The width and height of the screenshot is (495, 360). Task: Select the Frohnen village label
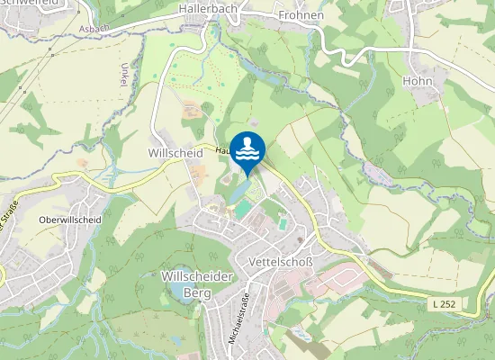(x=300, y=15)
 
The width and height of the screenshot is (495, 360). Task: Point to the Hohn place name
(x=418, y=81)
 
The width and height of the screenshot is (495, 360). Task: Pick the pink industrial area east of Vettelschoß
(x=328, y=280)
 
